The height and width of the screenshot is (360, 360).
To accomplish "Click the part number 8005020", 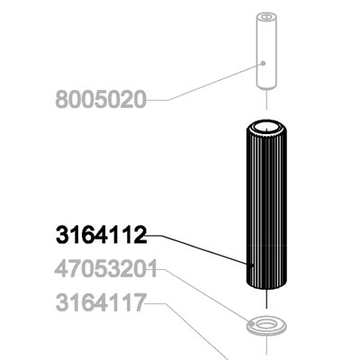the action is [x=101, y=100].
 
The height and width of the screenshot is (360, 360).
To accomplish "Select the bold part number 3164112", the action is [x=102, y=235].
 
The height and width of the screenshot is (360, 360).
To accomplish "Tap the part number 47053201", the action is [x=106, y=269].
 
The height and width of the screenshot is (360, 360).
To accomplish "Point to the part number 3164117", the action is [x=101, y=303].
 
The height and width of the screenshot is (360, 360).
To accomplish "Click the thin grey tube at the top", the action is [x=266, y=50].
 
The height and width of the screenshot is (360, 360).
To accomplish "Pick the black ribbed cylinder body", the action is [x=266, y=205].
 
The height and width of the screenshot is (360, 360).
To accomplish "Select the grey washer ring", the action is [x=266, y=325].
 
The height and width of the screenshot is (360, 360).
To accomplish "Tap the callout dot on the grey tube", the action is [x=263, y=63].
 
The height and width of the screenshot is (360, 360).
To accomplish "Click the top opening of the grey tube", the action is [x=266, y=17].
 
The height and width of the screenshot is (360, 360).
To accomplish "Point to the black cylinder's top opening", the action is [x=266, y=128].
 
